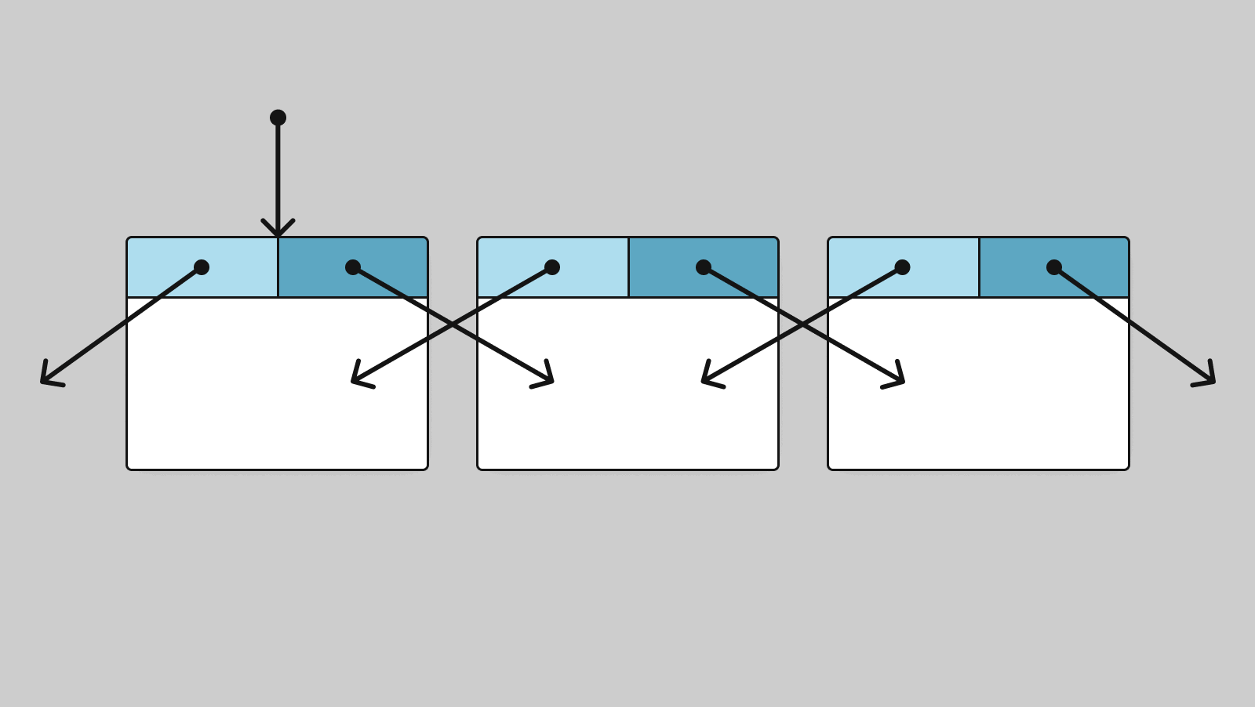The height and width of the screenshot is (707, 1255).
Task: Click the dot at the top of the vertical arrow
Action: (278, 118)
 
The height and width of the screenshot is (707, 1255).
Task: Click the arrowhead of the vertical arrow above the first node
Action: (278, 232)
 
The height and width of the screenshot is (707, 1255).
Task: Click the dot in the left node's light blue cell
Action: (202, 267)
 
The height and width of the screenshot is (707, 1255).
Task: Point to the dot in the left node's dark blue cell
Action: (353, 267)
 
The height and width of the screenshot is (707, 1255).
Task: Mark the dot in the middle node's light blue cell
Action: (552, 267)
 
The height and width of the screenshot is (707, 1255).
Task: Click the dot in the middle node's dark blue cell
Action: (704, 267)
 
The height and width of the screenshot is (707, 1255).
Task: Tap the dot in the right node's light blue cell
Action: (902, 267)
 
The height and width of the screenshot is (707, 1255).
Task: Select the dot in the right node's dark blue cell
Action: (1054, 267)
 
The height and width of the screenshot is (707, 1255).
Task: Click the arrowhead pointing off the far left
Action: (45, 380)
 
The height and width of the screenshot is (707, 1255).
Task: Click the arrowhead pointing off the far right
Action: (1210, 380)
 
